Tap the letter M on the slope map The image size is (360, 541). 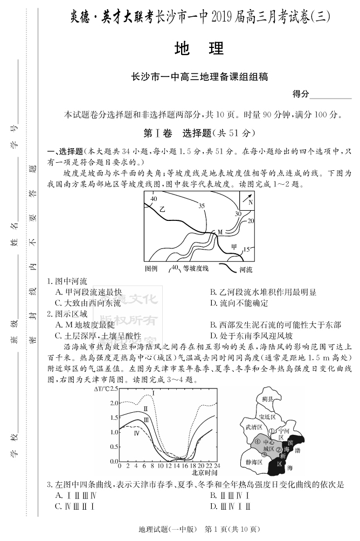pyautogui.click(x=220, y=232)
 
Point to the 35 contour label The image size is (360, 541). pyautogui.click(x=202, y=206)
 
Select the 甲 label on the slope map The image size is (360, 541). pyautogui.click(x=234, y=247)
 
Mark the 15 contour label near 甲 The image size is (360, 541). pyautogui.click(x=246, y=249)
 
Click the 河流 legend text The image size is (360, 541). pyautogui.click(x=246, y=268)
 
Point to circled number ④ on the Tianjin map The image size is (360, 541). pyautogui.click(x=257, y=442)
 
